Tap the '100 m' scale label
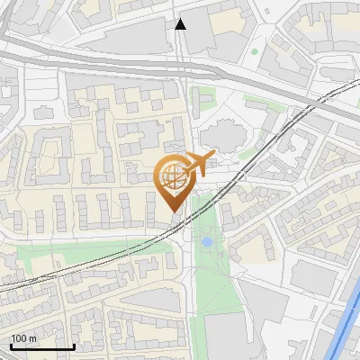pos(24,337)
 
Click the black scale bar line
pos(42,346)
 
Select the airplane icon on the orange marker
pos(198,165)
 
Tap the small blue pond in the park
pos(207,242)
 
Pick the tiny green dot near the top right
pos(255,51)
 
